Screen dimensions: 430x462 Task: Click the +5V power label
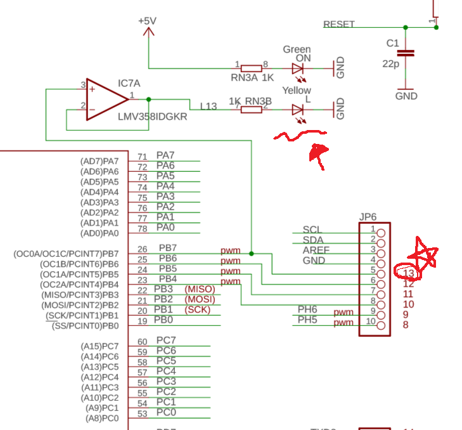click(147, 21)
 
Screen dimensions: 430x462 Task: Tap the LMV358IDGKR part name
click(152, 117)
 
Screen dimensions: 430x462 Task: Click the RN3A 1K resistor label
click(252, 77)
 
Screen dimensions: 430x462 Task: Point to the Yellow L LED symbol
click(298, 109)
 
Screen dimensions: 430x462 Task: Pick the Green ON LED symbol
click(298, 68)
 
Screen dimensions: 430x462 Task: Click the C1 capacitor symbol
click(406, 54)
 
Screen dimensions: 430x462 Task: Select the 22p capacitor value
click(390, 63)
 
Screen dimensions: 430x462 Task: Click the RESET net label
click(339, 25)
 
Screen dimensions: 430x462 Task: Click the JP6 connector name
click(368, 217)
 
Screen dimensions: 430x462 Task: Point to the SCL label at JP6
click(312, 230)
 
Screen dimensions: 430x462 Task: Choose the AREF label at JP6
click(315, 250)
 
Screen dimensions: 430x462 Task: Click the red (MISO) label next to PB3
click(200, 289)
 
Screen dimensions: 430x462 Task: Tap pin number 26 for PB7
click(143, 249)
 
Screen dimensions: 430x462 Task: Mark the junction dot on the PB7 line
click(252, 254)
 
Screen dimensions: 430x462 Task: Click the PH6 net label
click(307, 309)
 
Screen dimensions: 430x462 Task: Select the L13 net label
click(209, 106)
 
